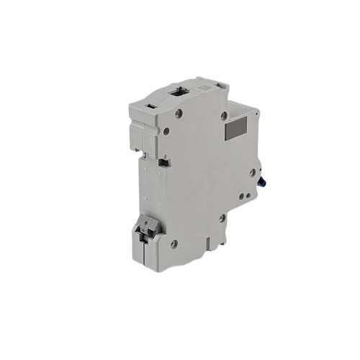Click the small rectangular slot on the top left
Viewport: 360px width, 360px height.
coord(151,105)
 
